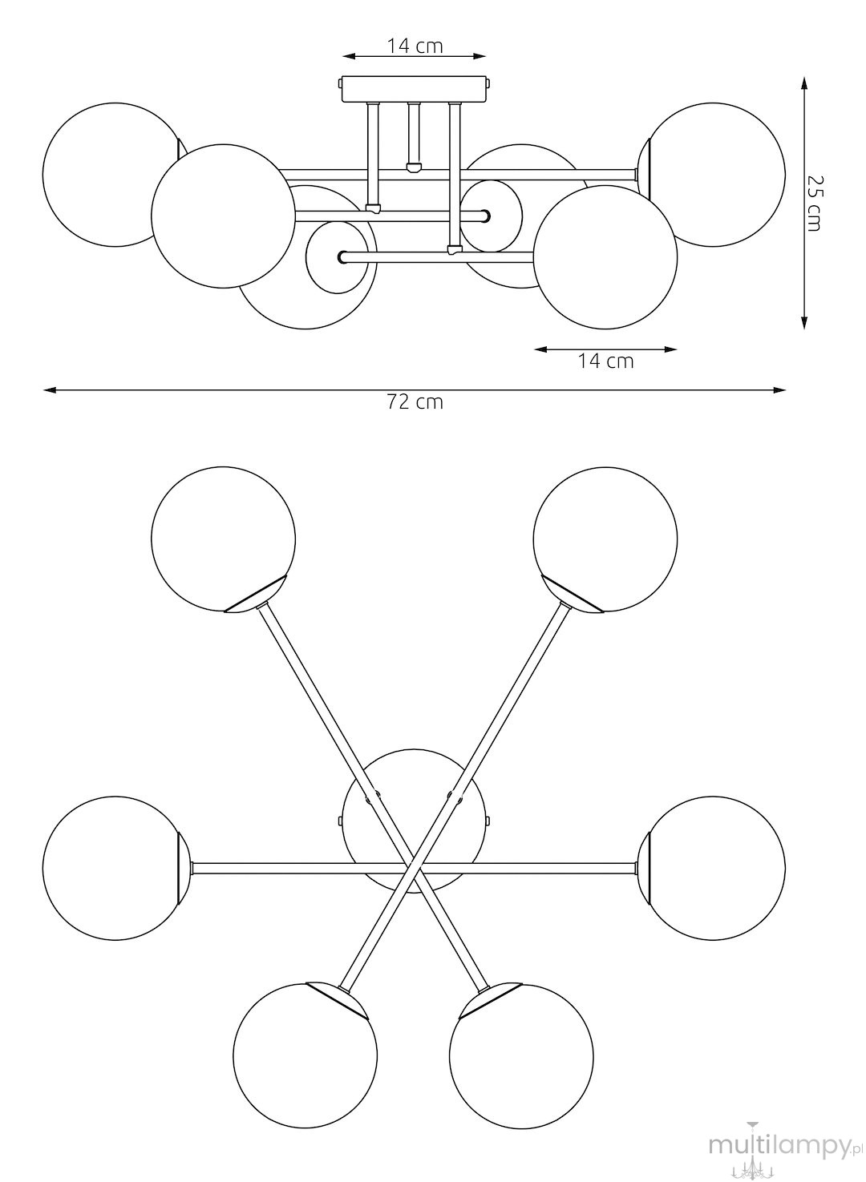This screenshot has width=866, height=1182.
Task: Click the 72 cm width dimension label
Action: [x=415, y=402]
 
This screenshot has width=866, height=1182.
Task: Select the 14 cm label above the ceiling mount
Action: [x=415, y=46]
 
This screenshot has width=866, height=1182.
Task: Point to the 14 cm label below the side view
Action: [x=605, y=361]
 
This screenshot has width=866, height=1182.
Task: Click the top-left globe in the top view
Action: [x=224, y=539]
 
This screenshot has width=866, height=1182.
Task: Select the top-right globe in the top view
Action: [x=605, y=539]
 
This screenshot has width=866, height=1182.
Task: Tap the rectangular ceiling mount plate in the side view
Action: [x=414, y=89]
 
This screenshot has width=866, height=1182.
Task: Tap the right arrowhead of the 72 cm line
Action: [x=779, y=390]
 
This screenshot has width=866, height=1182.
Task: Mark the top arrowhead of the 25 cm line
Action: [x=803, y=83]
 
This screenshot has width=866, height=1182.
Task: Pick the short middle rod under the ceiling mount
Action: [x=414, y=136]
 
